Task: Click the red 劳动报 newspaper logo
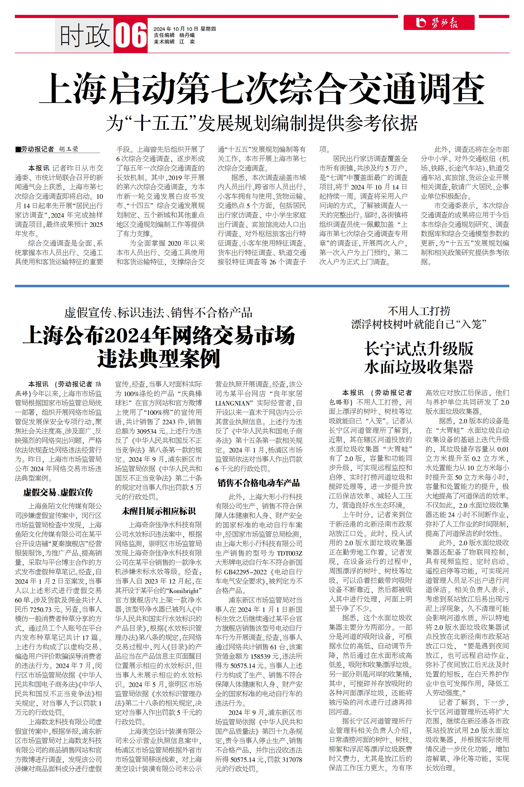pyautogui.click(x=439, y=23)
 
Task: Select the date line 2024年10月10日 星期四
pyautogui.click(x=185, y=29)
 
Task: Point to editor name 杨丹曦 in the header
pyautogui.click(x=187, y=35)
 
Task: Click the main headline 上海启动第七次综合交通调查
pyautogui.click(x=262, y=89)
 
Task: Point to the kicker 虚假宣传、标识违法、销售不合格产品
pyautogui.click(x=158, y=313)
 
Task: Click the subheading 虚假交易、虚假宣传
pyautogui.click(x=58, y=492)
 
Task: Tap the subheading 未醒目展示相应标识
pyautogui.click(x=158, y=511)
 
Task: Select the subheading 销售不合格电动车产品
pyautogui.click(x=259, y=483)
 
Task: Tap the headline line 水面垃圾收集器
pyautogui.click(x=419, y=367)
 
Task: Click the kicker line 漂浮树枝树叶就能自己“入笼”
pyautogui.click(x=419, y=324)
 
